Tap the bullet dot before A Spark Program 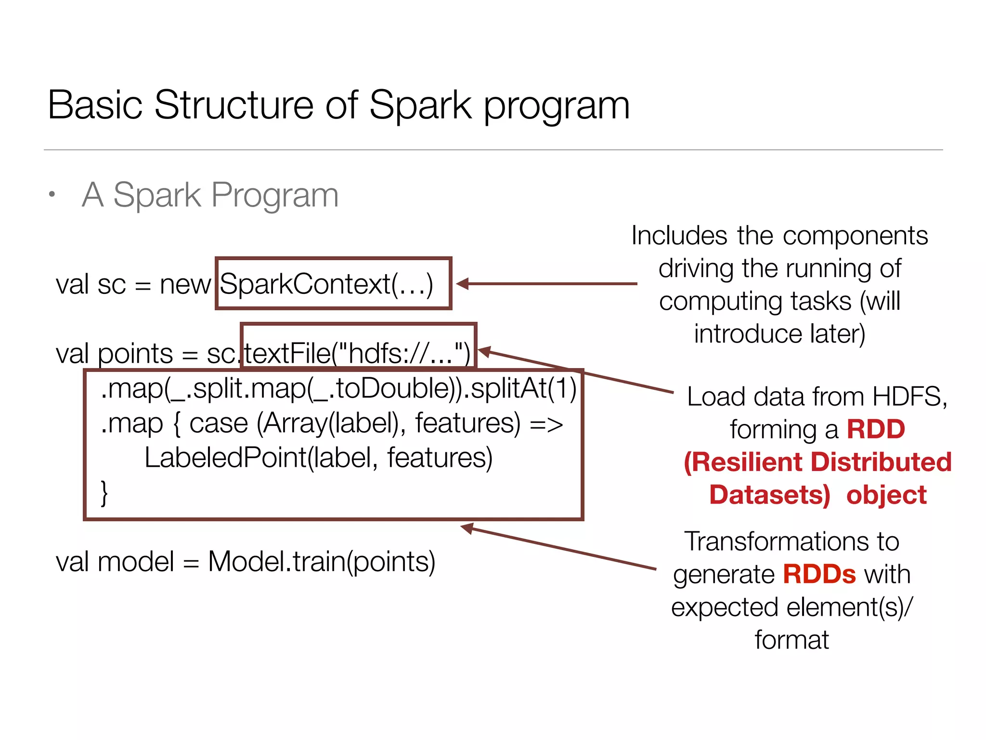pos(52,195)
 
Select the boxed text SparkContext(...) pos(327,284)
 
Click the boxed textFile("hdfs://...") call pos(357,353)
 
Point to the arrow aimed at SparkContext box pos(546,284)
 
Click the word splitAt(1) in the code pos(523,388)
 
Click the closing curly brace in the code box pos(104,493)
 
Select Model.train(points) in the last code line pos(322,562)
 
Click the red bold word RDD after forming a pos(876,429)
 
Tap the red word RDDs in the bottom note pos(819,574)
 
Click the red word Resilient pos(748,462)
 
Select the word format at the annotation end pos(791,640)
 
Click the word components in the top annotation pos(855,236)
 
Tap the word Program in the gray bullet pos(275,195)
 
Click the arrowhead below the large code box pos(467,528)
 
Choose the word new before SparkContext pos(185,284)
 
